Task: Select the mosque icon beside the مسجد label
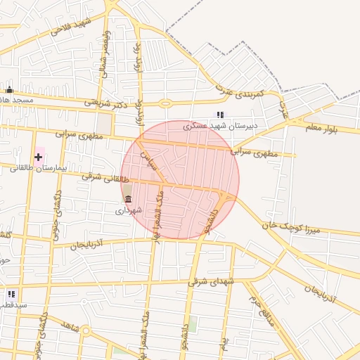point(9,89)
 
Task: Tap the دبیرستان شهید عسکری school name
point(221,127)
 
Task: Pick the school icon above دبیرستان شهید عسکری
point(220,115)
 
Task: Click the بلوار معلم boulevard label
point(322,129)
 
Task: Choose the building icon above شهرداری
point(128,199)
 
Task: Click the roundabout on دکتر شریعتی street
point(165,104)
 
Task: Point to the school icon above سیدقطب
point(11,294)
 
